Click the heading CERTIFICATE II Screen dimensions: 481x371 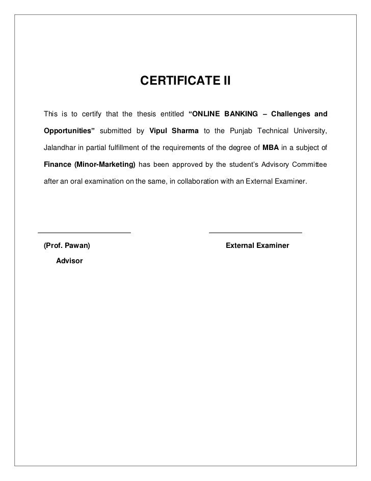coord(185,81)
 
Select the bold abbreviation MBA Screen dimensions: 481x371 coord(270,148)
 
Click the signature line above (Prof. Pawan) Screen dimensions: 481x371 coord(82,233)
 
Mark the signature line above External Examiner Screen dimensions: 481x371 coord(255,233)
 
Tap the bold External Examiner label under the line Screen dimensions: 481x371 coord(257,246)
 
